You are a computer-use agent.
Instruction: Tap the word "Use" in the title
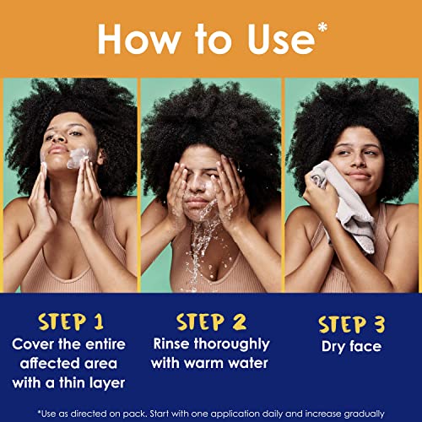pyautogui.click(x=279, y=38)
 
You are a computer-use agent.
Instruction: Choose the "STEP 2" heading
pyautogui.click(x=211, y=322)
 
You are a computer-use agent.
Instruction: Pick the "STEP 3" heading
pyautogui.click(x=354, y=323)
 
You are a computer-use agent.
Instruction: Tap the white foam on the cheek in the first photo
pyautogui.click(x=80, y=156)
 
